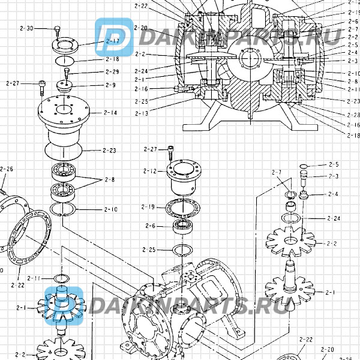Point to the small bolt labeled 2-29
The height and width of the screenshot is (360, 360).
click(67, 73)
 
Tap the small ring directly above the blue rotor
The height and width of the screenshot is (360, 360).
click(61, 278)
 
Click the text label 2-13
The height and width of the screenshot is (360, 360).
click(142, 113)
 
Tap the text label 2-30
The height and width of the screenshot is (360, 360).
click(27, 28)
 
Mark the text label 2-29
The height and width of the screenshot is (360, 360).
click(112, 72)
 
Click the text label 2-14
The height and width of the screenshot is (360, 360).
click(110, 112)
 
